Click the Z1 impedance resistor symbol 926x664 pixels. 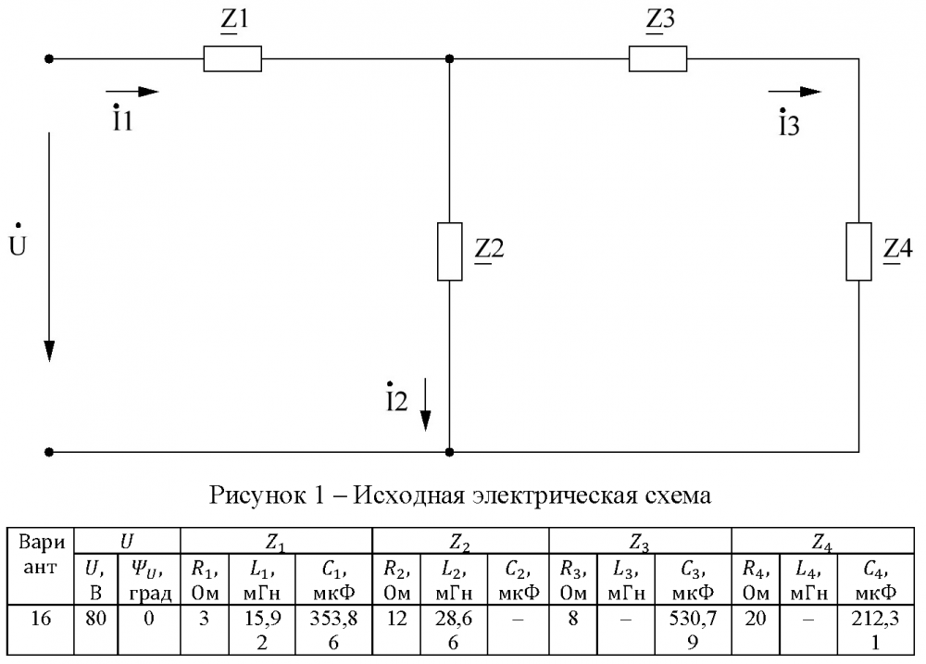[232, 59]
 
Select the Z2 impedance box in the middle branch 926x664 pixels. [449, 251]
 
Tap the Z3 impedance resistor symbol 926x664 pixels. [658, 59]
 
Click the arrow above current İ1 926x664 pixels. [131, 92]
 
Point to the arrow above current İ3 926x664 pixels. [795, 92]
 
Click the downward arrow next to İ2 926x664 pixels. [425, 404]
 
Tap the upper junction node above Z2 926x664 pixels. [449, 59]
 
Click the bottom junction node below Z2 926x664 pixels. [449, 453]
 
